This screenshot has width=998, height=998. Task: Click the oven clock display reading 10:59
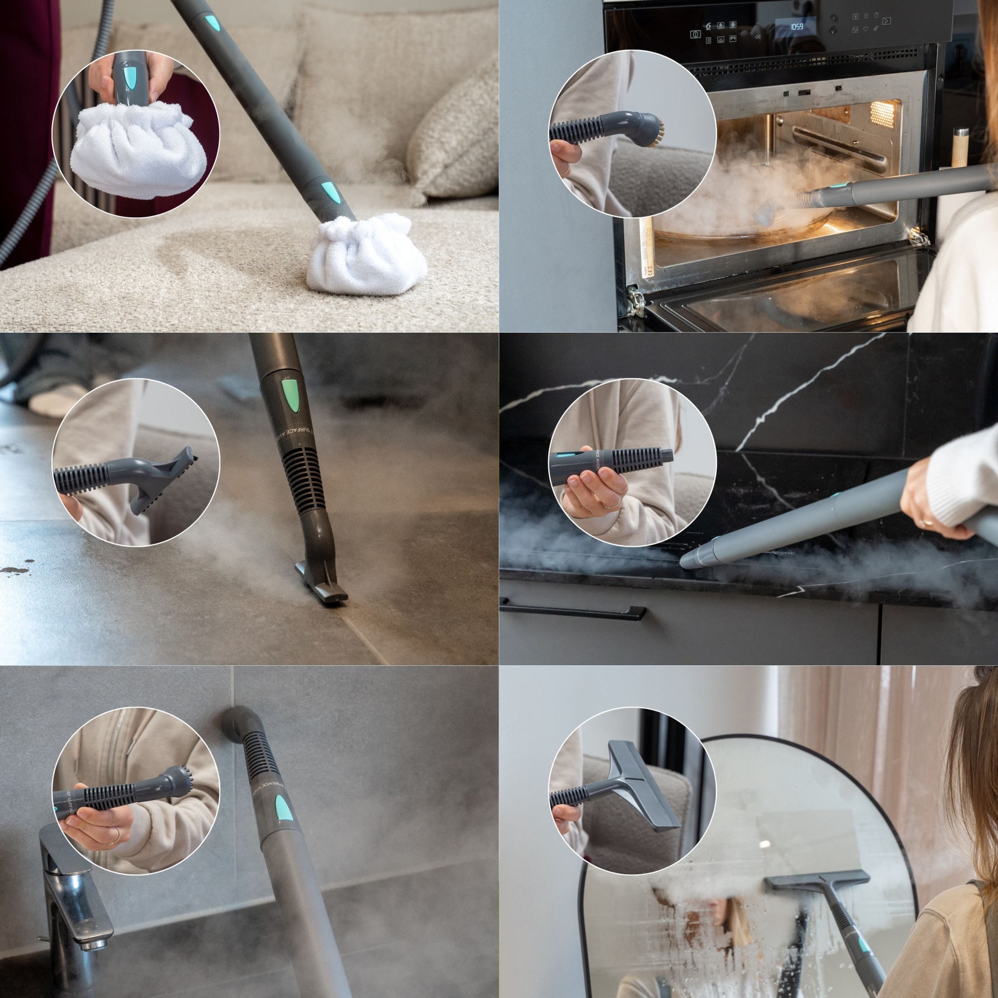point(796,26)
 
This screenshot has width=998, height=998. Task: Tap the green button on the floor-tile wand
point(292,394)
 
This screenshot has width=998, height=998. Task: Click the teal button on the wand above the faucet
point(283,808)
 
